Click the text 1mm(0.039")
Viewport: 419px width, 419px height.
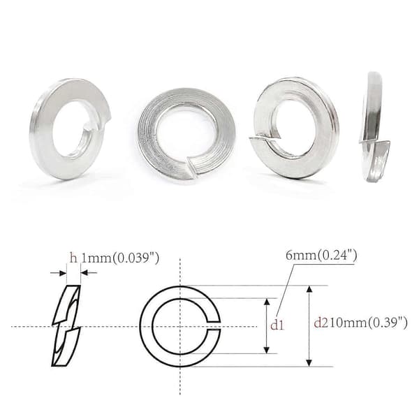click(x=120, y=258)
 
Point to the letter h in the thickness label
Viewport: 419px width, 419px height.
click(x=73, y=258)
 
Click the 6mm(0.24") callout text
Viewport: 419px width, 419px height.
click(x=321, y=255)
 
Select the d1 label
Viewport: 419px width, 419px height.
click(x=277, y=325)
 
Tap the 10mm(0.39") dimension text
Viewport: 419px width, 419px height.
click(x=367, y=323)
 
